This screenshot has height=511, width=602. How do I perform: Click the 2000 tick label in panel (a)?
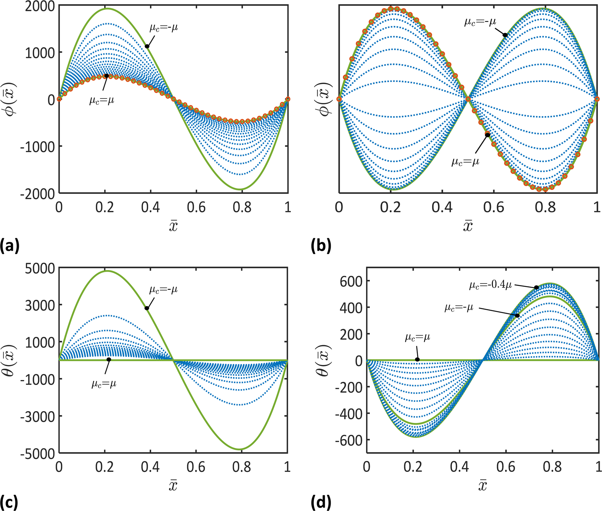(39, 6)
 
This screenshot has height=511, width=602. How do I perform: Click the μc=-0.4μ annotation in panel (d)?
(490, 285)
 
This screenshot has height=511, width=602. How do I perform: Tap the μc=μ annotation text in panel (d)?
(417, 337)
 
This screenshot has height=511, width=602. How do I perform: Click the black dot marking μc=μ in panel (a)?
(107, 76)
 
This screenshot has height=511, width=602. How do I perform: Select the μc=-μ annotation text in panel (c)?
(163, 290)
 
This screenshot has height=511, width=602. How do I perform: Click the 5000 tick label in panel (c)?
(39, 268)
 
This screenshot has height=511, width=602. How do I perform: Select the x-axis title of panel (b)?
(467, 226)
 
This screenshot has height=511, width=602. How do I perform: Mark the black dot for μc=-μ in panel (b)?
(505, 35)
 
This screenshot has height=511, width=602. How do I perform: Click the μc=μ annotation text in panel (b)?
(465, 161)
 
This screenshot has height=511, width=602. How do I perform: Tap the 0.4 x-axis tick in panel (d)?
(460, 467)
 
